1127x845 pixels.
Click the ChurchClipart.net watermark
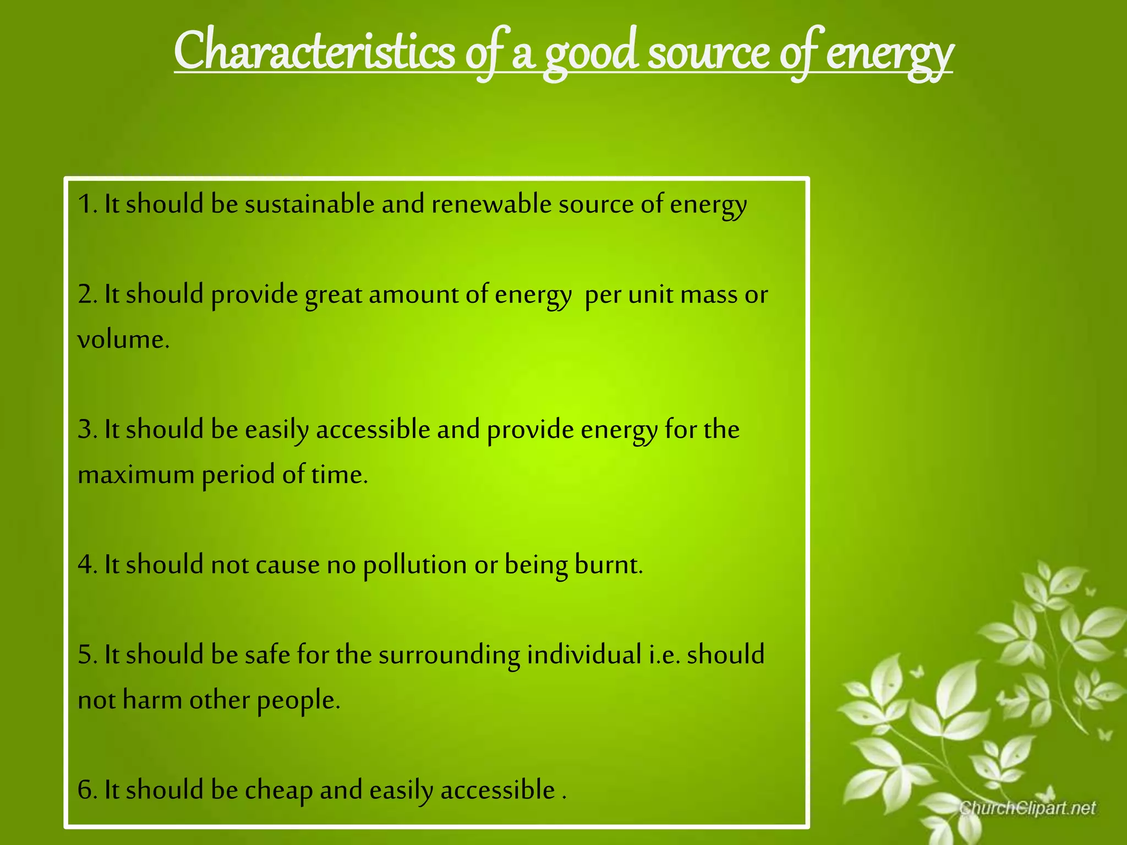pyautogui.click(x=1027, y=808)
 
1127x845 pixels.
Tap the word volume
pyautogui.click(x=122, y=339)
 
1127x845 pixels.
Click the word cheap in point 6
pyautogui.click(x=279, y=791)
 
